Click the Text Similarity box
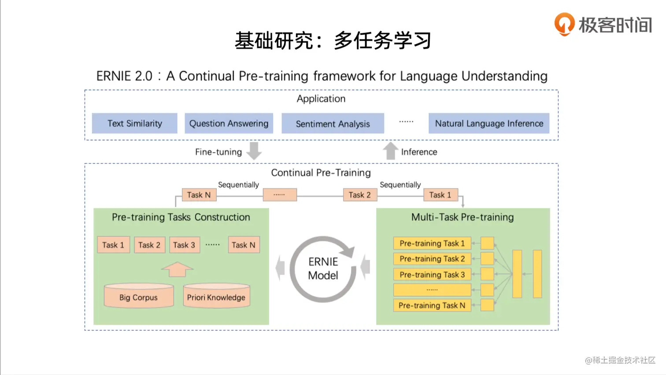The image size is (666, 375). pos(134,123)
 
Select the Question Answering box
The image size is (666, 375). pos(229,123)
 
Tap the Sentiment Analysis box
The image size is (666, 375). pos(333,123)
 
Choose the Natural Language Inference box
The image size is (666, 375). pos(489,123)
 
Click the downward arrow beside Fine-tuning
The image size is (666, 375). pos(254,151)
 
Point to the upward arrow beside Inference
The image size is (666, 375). pos(390,151)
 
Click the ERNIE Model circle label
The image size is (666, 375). pos(323,268)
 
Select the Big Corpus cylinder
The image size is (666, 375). pos(139,296)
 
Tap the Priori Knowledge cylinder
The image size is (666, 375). pos(216,296)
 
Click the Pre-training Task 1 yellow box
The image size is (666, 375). pos(432,243)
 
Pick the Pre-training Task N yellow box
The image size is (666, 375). pos(432,305)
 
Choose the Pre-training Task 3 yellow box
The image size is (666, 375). pos(432,275)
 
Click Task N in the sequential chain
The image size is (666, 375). pos(199,195)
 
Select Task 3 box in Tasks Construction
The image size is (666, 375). pos(184,245)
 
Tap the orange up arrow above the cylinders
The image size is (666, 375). pos(177,269)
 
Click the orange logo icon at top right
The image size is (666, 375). pos(564,24)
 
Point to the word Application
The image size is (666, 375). pos(321,99)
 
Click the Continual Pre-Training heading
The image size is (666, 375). pos(321,173)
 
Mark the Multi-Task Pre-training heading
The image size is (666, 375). pos(462,217)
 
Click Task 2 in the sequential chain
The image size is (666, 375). pos(360,195)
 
